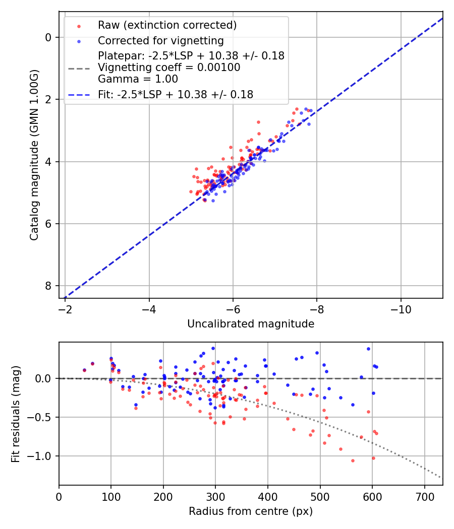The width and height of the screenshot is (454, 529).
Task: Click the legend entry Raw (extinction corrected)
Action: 167,25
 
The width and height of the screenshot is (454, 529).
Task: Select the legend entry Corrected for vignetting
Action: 160,40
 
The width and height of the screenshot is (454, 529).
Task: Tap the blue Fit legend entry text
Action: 176,94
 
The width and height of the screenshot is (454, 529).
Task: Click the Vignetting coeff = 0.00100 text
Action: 169,67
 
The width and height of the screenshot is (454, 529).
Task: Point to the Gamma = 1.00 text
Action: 138,79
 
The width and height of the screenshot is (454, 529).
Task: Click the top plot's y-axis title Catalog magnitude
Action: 34,155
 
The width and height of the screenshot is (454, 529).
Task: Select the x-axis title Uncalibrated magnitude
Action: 251,324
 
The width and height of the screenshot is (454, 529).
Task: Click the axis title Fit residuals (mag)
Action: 16,413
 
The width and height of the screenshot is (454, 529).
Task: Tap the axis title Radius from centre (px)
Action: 251,511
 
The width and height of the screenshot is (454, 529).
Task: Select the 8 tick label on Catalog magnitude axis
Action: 48,286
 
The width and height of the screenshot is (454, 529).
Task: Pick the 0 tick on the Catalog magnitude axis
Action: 48,37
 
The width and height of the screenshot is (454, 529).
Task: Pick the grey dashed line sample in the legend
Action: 79,67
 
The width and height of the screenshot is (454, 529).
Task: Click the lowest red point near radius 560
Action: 353,460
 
